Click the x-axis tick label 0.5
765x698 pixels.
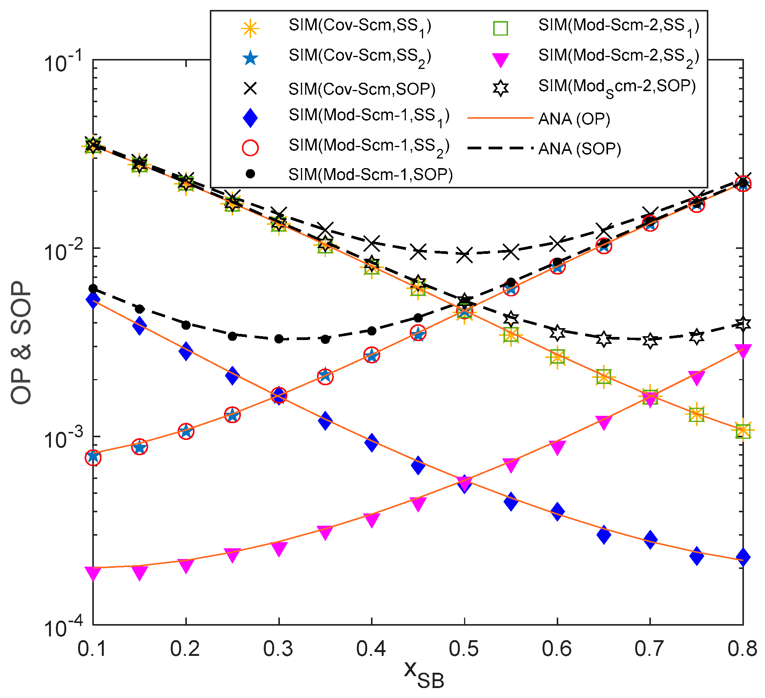[x=464, y=649]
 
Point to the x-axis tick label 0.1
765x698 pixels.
[x=92, y=649]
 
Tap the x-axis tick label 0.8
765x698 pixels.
[x=742, y=649]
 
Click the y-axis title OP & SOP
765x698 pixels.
[x=21, y=343]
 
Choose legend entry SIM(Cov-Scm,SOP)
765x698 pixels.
[x=362, y=89]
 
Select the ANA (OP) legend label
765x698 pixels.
[x=574, y=119]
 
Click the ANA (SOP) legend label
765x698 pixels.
[x=579, y=149]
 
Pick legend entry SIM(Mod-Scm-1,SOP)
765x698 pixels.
[x=370, y=175]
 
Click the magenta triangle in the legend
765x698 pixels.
[x=500, y=60]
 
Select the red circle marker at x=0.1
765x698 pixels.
[x=93, y=457]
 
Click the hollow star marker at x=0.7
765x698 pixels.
[x=650, y=340]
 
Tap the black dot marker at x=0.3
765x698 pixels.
[x=279, y=338]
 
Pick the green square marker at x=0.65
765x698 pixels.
[x=603, y=377]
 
